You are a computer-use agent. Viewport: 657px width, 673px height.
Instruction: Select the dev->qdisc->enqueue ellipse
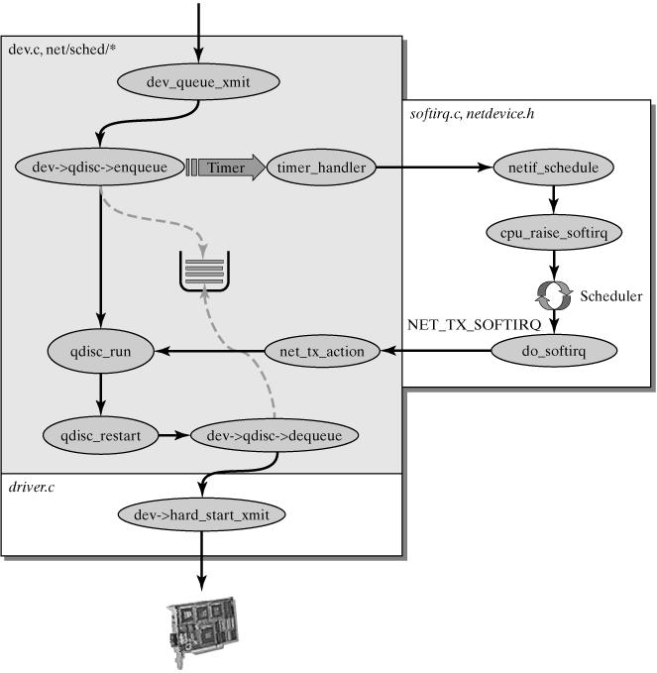point(99,167)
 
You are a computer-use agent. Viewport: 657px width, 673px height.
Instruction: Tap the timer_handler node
point(322,168)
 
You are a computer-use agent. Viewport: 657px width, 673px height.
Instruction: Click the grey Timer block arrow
point(231,168)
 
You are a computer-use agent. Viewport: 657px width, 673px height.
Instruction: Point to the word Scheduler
point(610,296)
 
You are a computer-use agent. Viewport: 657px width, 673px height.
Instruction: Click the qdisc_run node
point(99,350)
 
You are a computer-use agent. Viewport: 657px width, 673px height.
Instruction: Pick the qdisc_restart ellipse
point(99,434)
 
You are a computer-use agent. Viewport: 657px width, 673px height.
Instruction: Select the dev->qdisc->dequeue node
point(274,434)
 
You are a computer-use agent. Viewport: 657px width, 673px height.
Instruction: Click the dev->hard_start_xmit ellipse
point(201,513)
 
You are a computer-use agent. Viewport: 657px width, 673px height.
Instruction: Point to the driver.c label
point(31,487)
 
